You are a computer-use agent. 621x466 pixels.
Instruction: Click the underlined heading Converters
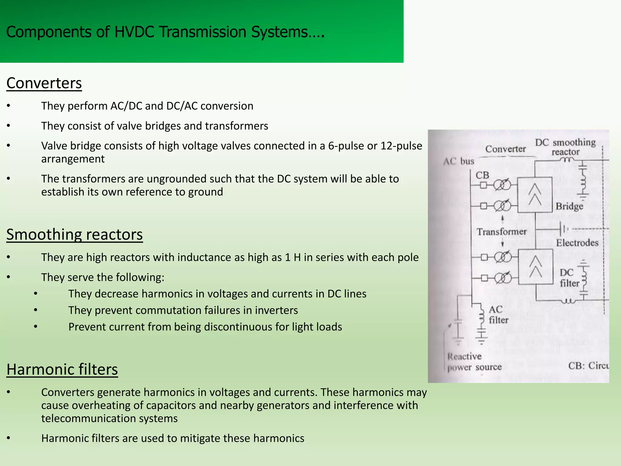[44, 83]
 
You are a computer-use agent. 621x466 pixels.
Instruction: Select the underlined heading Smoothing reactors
[74, 235]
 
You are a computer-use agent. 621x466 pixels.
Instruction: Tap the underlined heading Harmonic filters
[62, 369]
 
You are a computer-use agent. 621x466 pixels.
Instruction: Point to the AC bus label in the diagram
[458, 161]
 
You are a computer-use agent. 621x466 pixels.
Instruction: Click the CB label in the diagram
[482, 175]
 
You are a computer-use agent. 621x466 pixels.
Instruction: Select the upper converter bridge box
[535, 194]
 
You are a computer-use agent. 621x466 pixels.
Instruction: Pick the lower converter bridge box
[535, 266]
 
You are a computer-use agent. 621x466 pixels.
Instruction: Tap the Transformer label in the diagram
[502, 232]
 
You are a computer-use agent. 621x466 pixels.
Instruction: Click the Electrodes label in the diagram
[577, 243]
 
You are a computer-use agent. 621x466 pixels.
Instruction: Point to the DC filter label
[569, 278]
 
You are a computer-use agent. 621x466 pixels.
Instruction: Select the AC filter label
[498, 315]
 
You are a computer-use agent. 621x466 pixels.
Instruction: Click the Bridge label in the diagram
[569, 206]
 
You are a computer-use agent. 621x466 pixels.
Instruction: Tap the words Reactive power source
[474, 362]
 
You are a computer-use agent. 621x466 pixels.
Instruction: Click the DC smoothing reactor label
[565, 147]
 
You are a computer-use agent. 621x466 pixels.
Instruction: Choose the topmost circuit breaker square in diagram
[483, 185]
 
